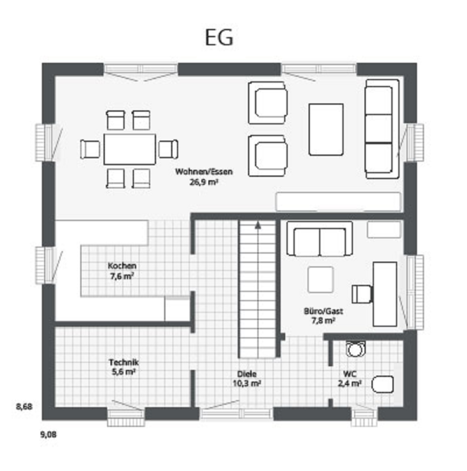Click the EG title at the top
pyautogui.click(x=219, y=38)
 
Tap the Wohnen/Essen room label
pyautogui.click(x=203, y=172)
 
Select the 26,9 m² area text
pyautogui.click(x=203, y=182)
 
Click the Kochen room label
pyautogui.click(x=122, y=266)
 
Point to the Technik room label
pyautogui.click(x=124, y=362)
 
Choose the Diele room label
pyautogui.click(x=247, y=374)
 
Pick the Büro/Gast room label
pyautogui.click(x=323, y=311)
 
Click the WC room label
pyautogui.click(x=350, y=374)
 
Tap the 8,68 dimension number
pyautogui.click(x=24, y=407)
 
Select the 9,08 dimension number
pyautogui.click(x=48, y=435)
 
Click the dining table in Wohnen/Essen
pyautogui.click(x=129, y=149)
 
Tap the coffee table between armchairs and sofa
pyautogui.click(x=326, y=129)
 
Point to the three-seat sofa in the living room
pyautogui.click(x=382, y=129)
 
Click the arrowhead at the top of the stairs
pyautogui.click(x=257, y=226)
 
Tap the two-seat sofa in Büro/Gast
pyautogui.click(x=320, y=239)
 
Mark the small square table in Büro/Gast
pyautogui.click(x=321, y=280)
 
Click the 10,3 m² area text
pyautogui.click(x=247, y=384)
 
